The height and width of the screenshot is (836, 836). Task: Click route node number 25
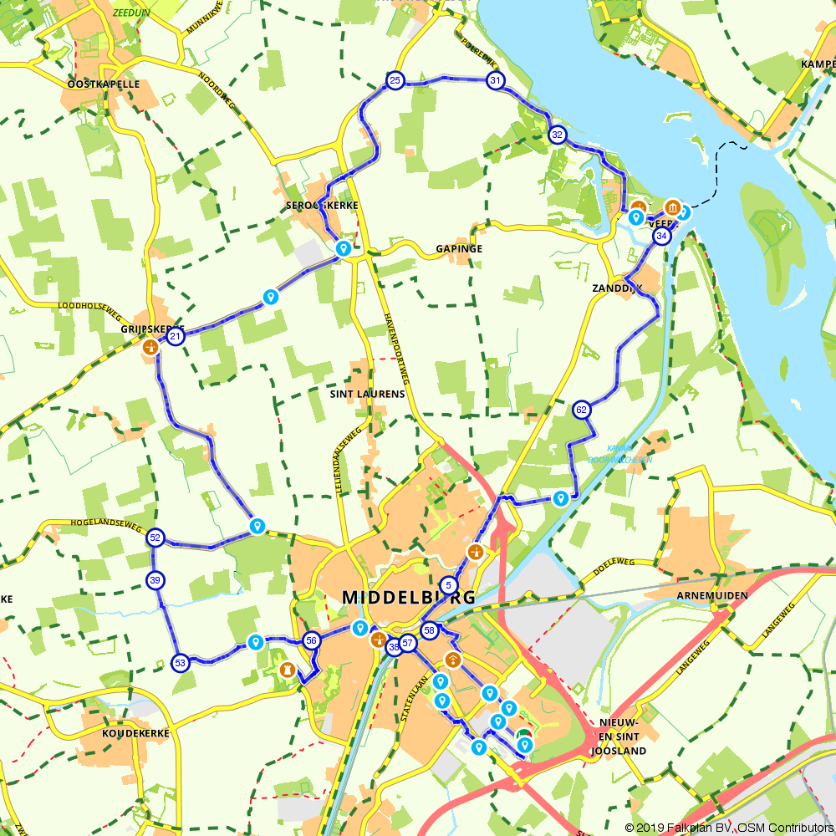(395, 80)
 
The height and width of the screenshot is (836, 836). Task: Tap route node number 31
(496, 81)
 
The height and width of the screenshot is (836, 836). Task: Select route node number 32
(558, 135)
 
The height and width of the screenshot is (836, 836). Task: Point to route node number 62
(582, 410)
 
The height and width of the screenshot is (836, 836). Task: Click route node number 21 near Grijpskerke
(176, 337)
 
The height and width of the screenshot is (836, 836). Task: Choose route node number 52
(155, 538)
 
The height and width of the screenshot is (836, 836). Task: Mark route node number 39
(155, 579)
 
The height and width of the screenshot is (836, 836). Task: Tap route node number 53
(180, 663)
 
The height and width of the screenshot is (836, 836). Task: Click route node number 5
(449, 585)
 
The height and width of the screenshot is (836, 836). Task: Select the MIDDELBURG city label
(409, 598)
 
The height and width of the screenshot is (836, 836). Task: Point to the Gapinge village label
(459, 249)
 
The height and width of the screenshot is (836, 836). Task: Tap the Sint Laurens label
(368, 394)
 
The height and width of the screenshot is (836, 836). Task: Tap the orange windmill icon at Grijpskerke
(150, 346)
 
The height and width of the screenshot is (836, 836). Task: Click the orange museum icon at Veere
(672, 207)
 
